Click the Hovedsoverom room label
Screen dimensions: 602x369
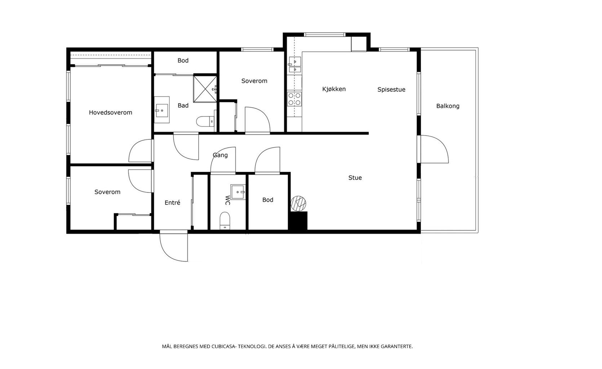tap(110, 112)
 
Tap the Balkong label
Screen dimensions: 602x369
tap(448, 106)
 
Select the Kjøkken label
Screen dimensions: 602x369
tap(334, 89)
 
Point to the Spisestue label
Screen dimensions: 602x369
tap(391, 89)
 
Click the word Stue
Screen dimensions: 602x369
tap(355, 178)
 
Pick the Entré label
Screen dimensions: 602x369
tap(172, 203)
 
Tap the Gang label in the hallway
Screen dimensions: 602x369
tap(220, 155)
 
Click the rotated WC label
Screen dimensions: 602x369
tap(227, 200)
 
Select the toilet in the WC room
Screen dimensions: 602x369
tap(225, 221)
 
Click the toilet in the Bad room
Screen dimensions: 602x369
tap(205, 121)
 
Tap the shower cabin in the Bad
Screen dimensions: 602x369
tap(205, 89)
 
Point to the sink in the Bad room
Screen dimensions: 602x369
tap(161, 110)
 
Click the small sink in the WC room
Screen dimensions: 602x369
tap(238, 192)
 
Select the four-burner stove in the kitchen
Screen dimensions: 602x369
tap(294, 99)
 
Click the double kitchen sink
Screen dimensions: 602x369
tap(295, 65)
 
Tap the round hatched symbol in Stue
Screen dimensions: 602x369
tap(298, 203)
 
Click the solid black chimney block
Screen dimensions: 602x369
tap(298, 221)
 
